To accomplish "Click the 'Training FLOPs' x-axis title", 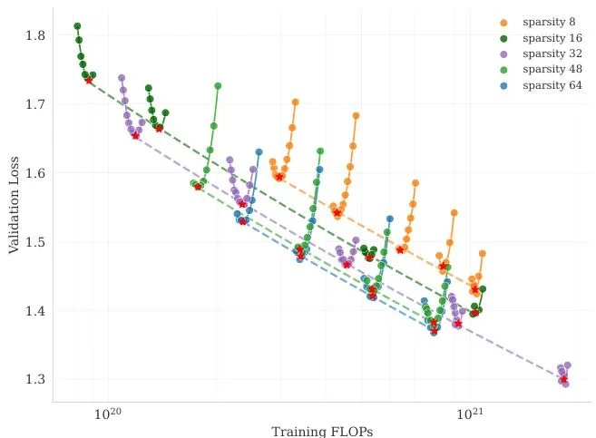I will point(322,431).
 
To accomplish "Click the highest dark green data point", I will point(77,26).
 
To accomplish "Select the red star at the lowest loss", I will point(563,380).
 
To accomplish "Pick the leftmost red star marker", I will point(89,81).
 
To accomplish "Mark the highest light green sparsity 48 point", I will point(218,86).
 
